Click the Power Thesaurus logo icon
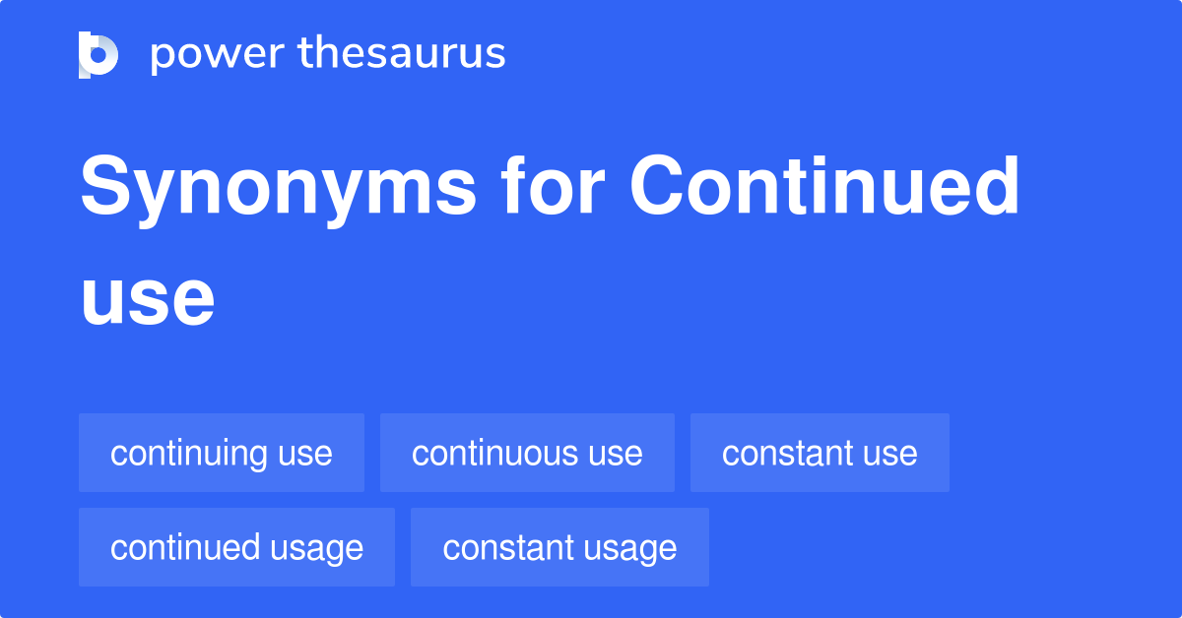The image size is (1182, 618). pyautogui.click(x=98, y=54)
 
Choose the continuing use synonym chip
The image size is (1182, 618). pyautogui.click(x=222, y=453)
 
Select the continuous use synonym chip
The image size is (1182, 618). pyautogui.click(x=527, y=453)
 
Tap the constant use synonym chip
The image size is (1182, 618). pyautogui.click(x=820, y=453)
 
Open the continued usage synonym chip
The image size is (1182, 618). pyautogui.click(x=236, y=547)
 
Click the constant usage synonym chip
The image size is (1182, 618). pyautogui.click(x=559, y=547)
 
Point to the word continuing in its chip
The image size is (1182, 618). pyautogui.click(x=189, y=453)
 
